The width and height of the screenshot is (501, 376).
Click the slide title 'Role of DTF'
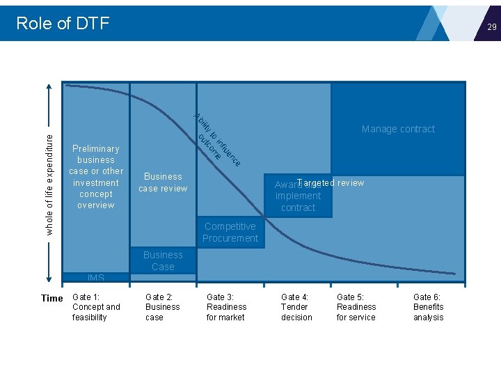(63, 23)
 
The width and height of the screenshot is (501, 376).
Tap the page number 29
(491, 27)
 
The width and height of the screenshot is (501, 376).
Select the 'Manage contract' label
(398, 129)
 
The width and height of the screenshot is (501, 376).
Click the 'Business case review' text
(163, 182)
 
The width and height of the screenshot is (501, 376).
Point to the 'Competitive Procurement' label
(230, 232)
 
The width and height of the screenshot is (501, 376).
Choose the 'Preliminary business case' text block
(96, 177)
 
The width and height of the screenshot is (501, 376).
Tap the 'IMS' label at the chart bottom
(96, 278)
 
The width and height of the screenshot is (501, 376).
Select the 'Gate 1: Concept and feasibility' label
(96, 307)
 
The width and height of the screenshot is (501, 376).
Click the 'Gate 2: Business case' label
(162, 307)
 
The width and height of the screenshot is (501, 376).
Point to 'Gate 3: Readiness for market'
(226, 307)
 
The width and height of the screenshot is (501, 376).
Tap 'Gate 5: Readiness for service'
(356, 307)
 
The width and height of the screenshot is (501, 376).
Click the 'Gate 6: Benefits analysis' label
(428, 307)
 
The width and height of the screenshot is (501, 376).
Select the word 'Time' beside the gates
(52, 298)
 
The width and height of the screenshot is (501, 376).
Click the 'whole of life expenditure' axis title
(49, 184)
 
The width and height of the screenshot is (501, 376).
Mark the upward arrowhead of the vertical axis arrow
(49, 88)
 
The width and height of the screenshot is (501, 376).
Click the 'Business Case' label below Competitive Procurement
(163, 260)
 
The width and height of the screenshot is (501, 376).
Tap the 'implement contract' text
(298, 202)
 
